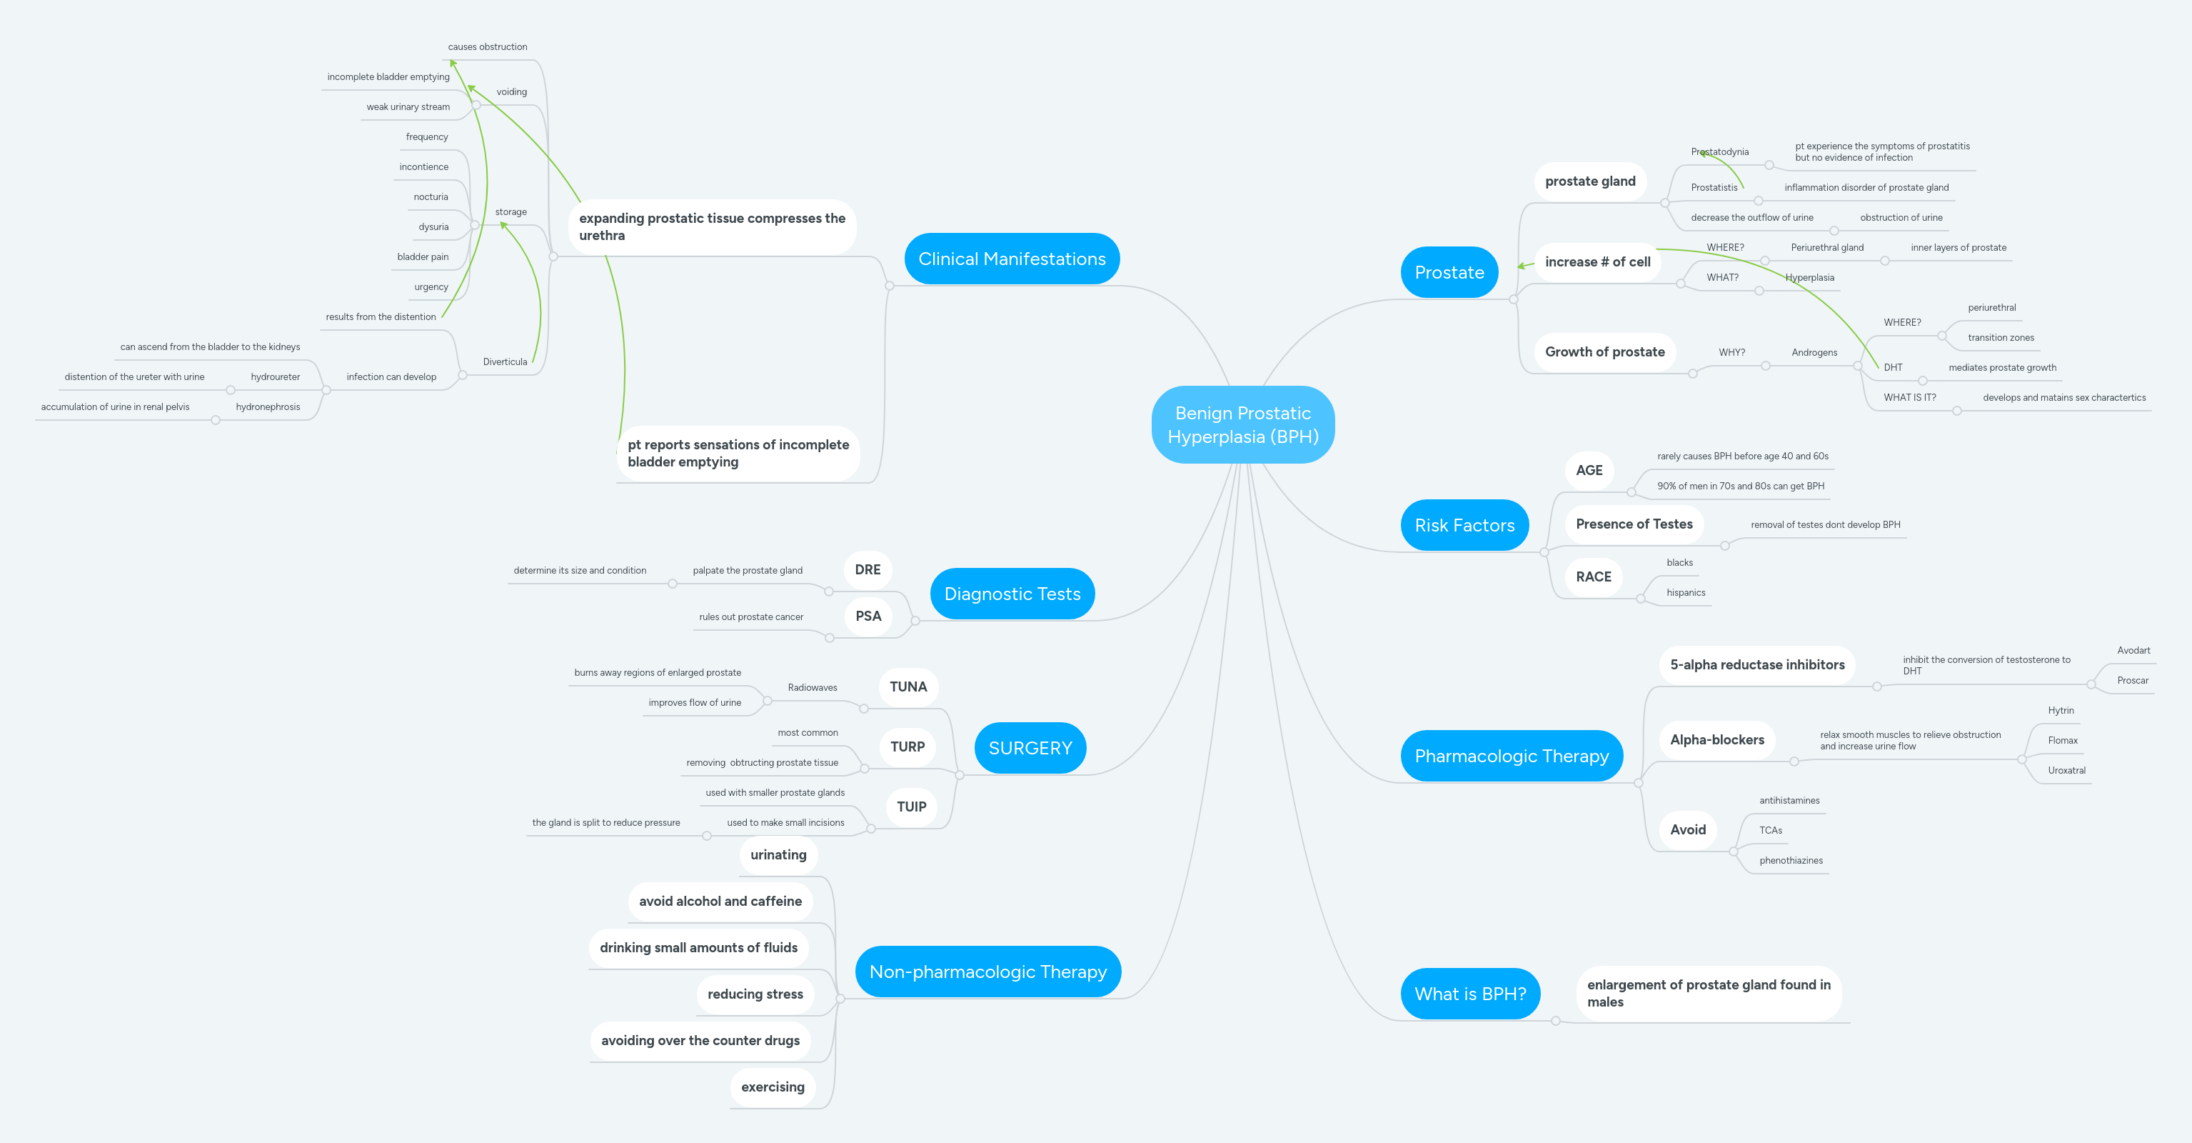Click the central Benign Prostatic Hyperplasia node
click(1242, 424)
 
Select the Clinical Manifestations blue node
click(1012, 259)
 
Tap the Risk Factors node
click(1464, 525)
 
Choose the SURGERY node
click(1030, 748)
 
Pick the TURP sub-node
click(907, 747)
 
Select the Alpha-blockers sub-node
click(1716, 739)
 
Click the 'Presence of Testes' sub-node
click(1634, 524)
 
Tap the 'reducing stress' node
click(755, 994)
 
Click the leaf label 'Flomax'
click(2062, 740)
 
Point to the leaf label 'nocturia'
click(431, 196)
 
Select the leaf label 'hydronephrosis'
click(268, 406)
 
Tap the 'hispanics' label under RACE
click(1685, 592)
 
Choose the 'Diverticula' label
click(505, 361)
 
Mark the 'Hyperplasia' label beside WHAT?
click(1809, 277)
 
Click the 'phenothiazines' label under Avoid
click(1790, 860)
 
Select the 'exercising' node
click(772, 1087)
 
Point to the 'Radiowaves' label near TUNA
click(812, 688)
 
